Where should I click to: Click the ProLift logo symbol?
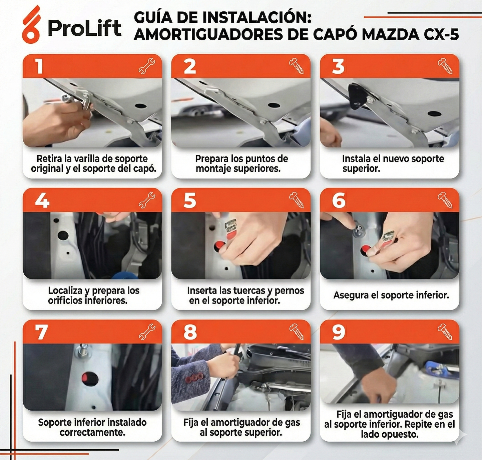(x=31, y=25)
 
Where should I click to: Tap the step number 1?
(x=39, y=66)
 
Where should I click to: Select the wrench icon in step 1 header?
(x=147, y=66)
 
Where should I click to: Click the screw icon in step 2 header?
(x=296, y=66)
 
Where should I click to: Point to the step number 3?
(x=338, y=66)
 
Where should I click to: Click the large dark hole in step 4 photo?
(x=63, y=236)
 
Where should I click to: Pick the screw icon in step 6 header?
(x=445, y=200)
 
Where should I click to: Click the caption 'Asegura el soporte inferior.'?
(x=391, y=295)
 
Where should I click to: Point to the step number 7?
(x=41, y=332)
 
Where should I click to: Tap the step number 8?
(x=190, y=332)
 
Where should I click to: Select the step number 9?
(x=338, y=332)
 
